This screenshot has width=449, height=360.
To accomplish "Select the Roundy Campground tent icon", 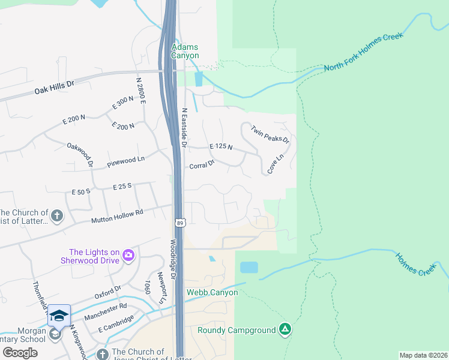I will pos(286,329).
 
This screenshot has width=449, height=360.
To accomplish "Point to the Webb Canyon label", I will pos(212,293).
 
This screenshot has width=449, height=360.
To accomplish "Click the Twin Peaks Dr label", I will pos(270,134).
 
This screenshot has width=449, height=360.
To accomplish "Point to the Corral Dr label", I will pos(202,165).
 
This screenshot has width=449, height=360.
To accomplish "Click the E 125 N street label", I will pos(221,147).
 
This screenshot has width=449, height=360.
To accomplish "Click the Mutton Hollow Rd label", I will pos(117,217).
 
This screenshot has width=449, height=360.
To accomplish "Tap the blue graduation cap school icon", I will pos(59,316).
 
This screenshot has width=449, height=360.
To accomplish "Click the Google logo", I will pos(20,352).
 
